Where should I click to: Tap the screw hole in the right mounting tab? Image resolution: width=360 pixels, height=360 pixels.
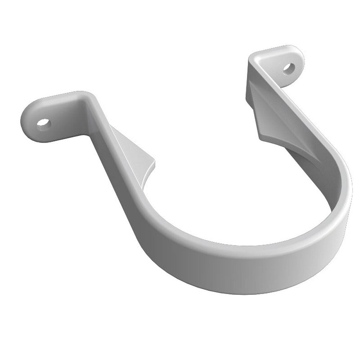tap(289, 68)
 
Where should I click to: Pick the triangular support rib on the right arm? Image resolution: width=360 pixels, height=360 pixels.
tap(266, 115)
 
